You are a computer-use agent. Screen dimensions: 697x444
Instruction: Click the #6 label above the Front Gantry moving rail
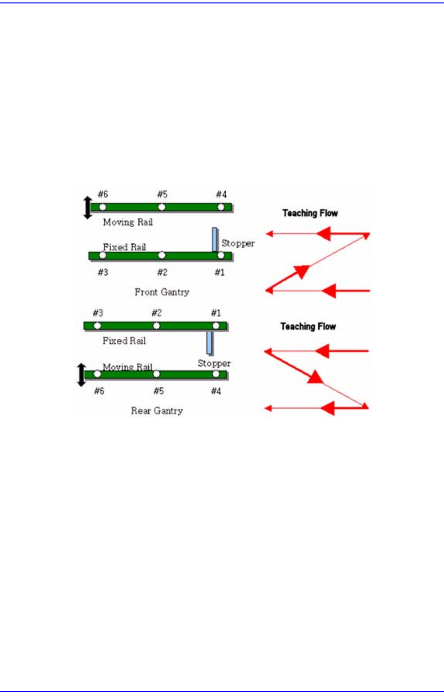click(x=102, y=194)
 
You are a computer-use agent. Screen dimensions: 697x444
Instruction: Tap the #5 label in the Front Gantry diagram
click(x=162, y=194)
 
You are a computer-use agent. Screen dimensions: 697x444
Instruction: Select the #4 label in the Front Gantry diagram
click(x=221, y=194)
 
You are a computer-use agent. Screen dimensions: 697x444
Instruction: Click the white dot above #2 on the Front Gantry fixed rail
click(x=162, y=256)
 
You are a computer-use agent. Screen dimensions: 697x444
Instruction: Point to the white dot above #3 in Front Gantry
click(x=103, y=256)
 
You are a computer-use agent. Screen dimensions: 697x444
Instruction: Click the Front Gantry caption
click(x=162, y=292)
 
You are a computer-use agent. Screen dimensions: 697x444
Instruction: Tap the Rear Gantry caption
click(x=157, y=411)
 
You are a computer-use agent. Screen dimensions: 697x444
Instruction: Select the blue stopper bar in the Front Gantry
click(x=214, y=239)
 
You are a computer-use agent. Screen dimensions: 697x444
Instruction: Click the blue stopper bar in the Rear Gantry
click(x=210, y=343)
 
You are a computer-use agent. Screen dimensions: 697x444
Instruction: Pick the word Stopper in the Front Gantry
click(x=238, y=243)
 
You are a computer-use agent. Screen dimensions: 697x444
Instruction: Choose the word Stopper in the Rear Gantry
click(x=214, y=363)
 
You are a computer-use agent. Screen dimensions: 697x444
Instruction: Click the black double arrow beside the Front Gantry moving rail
click(x=88, y=208)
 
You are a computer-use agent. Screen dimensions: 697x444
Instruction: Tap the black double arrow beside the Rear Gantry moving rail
click(x=82, y=375)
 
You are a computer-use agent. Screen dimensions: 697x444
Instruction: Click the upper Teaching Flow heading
click(x=310, y=213)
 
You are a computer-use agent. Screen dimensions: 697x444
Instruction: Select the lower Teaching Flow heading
click(x=308, y=326)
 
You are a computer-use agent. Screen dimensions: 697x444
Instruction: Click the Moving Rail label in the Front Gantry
click(x=128, y=222)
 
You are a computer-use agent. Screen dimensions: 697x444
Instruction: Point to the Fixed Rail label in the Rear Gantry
click(x=124, y=341)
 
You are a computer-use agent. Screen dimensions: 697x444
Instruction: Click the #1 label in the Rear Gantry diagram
click(x=216, y=313)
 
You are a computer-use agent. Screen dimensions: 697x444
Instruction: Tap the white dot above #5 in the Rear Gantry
click(x=156, y=374)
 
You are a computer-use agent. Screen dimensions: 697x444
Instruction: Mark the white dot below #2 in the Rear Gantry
click(x=156, y=325)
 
